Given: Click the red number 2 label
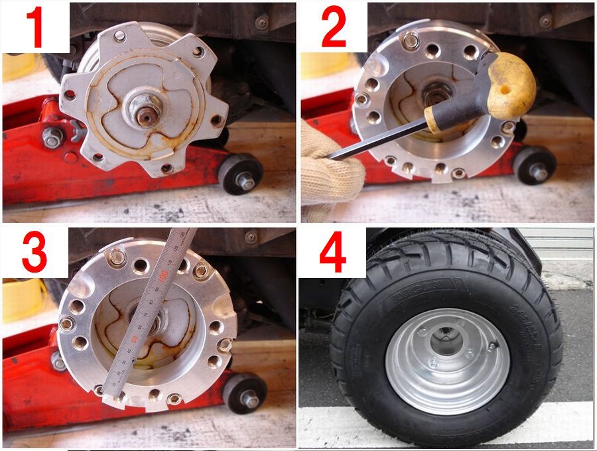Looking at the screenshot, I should [x=334, y=28].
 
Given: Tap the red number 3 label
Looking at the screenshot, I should [x=34, y=253].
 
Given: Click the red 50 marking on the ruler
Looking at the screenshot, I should [x=135, y=338].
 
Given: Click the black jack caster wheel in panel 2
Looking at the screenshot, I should [x=535, y=166].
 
